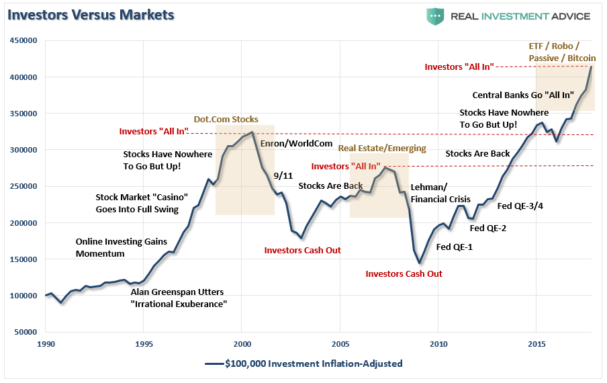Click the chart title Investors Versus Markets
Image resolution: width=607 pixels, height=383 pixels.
(91, 14)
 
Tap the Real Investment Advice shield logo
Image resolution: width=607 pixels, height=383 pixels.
(434, 16)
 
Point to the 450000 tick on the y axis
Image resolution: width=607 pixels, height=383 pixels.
(23, 41)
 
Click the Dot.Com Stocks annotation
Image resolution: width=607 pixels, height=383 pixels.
(226, 120)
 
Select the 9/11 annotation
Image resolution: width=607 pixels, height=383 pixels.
(284, 175)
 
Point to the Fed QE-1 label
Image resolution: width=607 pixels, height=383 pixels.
(455, 247)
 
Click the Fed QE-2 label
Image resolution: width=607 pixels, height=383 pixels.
(488, 228)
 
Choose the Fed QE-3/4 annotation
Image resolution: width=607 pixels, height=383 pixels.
(520, 206)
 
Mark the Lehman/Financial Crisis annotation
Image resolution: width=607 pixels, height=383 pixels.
(440, 194)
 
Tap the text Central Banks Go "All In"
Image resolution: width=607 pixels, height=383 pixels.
(523, 95)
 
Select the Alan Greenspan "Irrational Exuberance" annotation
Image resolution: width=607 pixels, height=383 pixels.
(178, 298)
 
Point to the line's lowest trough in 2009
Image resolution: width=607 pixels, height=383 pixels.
(419, 263)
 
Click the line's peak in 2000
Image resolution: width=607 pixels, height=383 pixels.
(252, 132)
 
